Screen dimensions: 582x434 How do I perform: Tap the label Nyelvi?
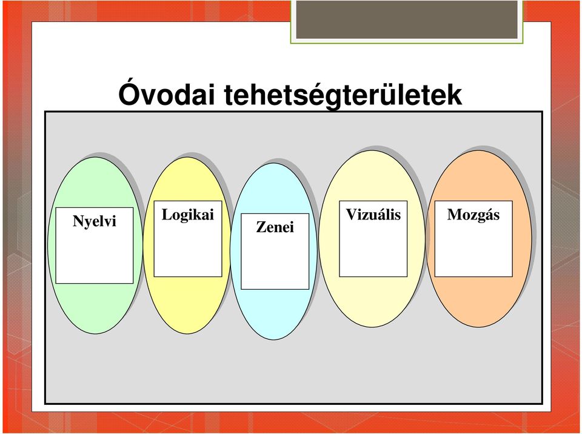[x=95, y=221]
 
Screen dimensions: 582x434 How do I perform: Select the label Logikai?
[x=188, y=215]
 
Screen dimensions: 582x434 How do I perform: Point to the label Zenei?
[x=275, y=227]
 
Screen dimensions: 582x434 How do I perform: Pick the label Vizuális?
[x=373, y=215]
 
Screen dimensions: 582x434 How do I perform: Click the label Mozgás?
[x=473, y=215]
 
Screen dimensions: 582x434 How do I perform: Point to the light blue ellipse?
[x=274, y=316]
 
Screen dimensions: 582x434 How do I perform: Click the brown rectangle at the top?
[x=407, y=19]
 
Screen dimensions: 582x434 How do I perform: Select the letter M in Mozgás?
[x=454, y=214]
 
